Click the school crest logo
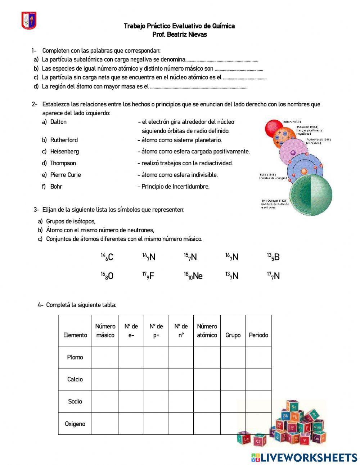click(29, 20)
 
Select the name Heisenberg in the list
click(64, 151)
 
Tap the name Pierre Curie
click(66, 175)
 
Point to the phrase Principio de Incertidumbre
click(175, 187)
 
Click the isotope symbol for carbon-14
click(107, 257)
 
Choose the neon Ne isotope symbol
click(193, 276)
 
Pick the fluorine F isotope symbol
click(148, 276)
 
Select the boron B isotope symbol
click(273, 257)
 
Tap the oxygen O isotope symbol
click(107, 276)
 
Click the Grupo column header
click(233, 335)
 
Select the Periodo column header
click(258, 335)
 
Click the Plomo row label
click(75, 357)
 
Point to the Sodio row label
click(75, 401)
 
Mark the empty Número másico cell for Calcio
click(105, 379)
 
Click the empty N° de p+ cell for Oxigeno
click(156, 424)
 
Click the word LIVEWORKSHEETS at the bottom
click(309, 457)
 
